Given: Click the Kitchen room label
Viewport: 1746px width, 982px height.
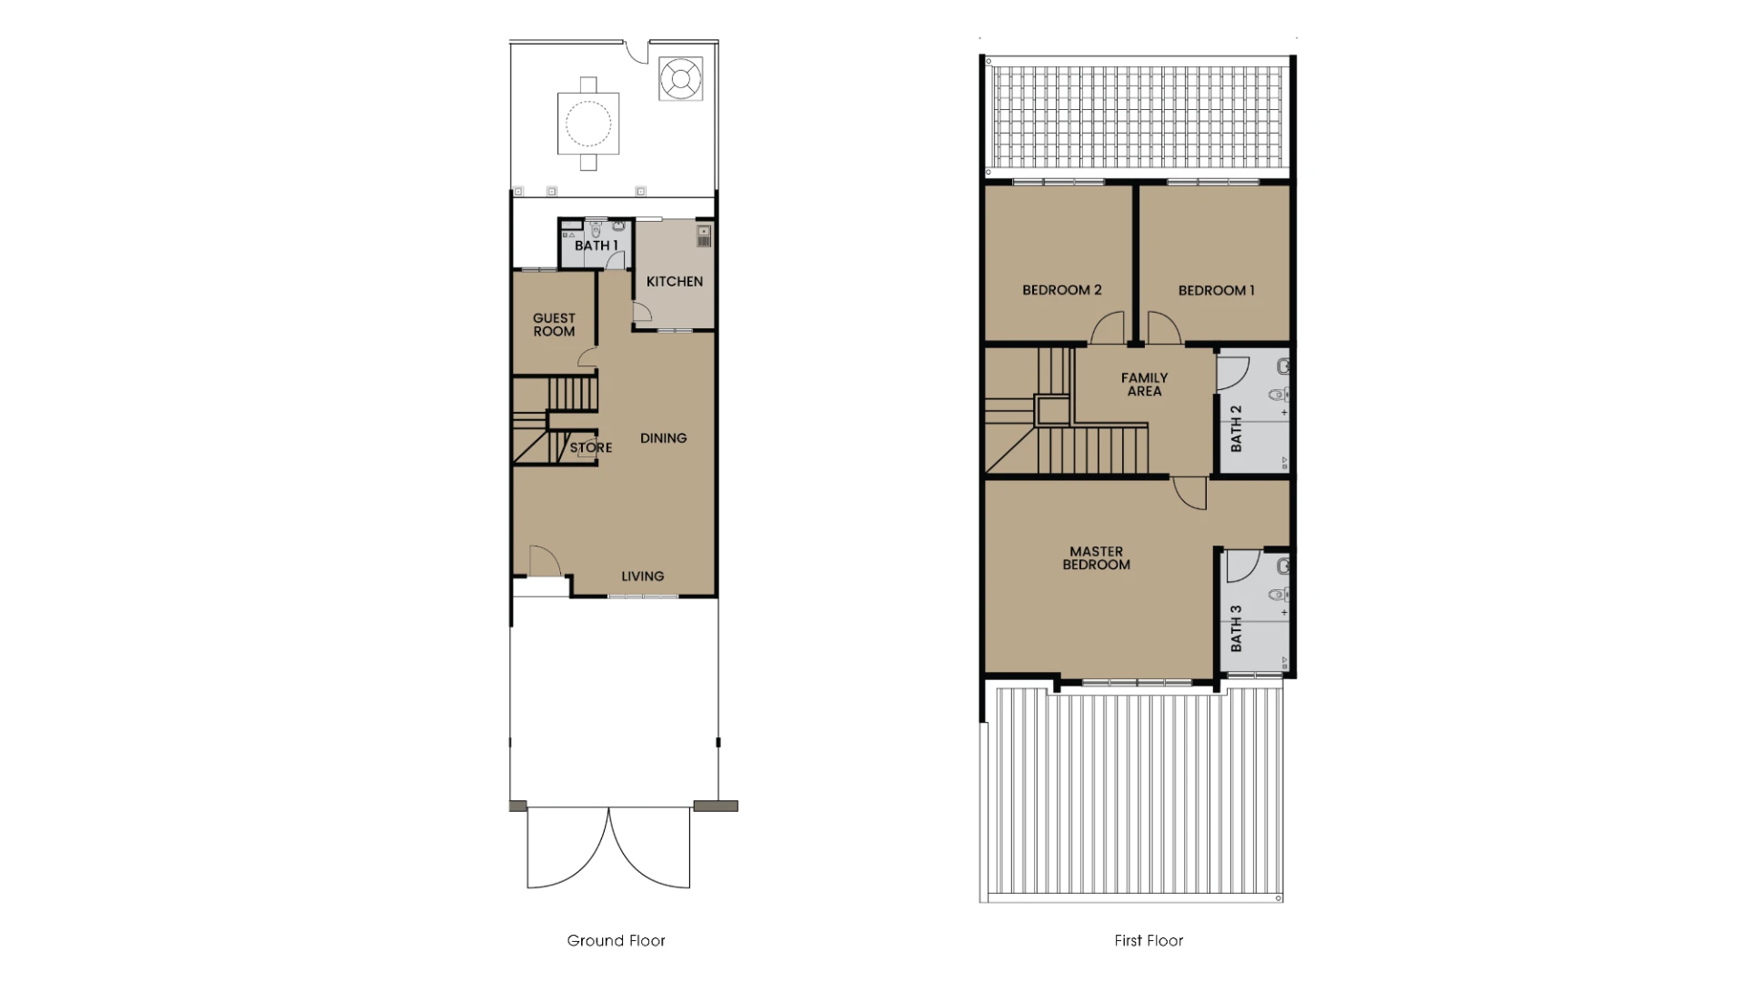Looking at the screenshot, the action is click(675, 282).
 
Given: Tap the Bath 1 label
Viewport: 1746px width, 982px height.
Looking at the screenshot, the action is click(597, 245).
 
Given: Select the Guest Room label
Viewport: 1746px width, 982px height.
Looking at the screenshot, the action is click(554, 325).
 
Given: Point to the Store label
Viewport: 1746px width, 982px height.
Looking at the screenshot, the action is click(591, 447).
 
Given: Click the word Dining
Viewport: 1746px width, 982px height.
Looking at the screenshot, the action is click(663, 438).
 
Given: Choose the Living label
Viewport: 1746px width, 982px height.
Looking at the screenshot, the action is click(643, 576).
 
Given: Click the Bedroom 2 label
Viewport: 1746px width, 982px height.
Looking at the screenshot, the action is click(1061, 290).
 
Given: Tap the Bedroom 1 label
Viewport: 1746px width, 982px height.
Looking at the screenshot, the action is click(1217, 291).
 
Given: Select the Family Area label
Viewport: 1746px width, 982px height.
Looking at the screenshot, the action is click(1144, 385).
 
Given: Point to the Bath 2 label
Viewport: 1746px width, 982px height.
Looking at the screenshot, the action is click(1236, 429).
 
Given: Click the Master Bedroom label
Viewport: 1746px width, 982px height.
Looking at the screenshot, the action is click(1097, 558).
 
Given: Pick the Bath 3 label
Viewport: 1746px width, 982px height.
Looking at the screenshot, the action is click(1236, 629).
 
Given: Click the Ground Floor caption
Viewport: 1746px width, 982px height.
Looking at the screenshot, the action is click(616, 941).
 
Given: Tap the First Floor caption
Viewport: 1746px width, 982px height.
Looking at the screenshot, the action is click(1149, 941).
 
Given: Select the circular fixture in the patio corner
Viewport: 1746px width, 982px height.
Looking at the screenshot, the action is click(680, 79).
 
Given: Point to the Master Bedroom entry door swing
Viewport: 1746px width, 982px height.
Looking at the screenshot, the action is click(1189, 493).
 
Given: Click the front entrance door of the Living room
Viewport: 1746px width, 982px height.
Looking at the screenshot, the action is click(544, 561).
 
